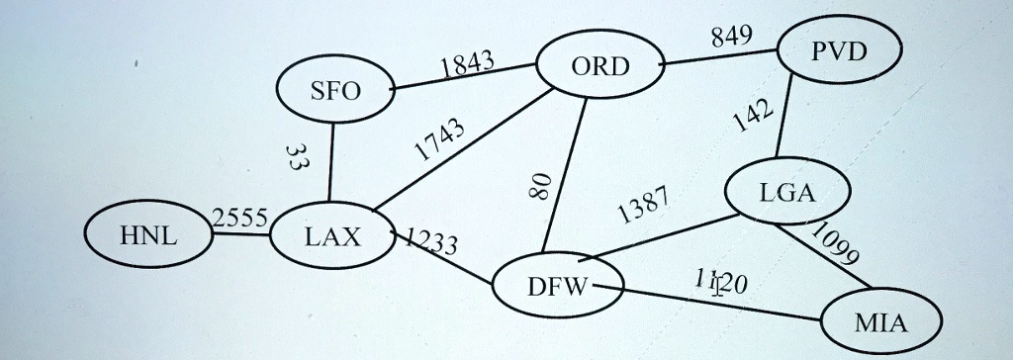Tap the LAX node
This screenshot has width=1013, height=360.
[x=333, y=236]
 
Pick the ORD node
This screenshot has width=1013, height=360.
[x=599, y=67]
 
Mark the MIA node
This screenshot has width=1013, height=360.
[x=881, y=322]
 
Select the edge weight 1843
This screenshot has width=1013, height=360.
[x=467, y=65]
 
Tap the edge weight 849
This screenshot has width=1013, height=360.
[x=731, y=38]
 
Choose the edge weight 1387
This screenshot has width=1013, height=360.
[x=643, y=204]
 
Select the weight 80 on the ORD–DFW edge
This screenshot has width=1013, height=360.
[x=539, y=185]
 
